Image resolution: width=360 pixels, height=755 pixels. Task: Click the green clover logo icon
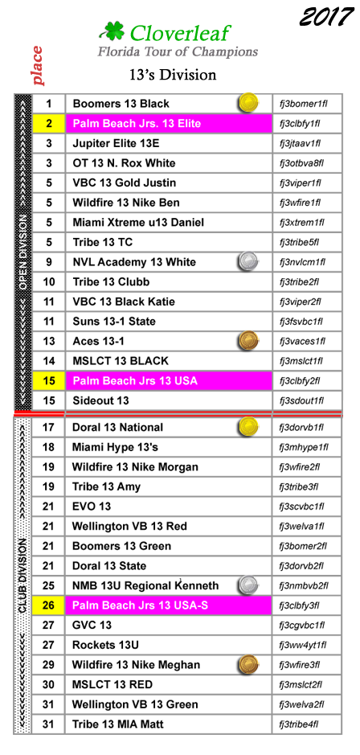tap(112, 32)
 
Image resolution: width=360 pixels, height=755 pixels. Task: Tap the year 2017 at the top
tap(326, 17)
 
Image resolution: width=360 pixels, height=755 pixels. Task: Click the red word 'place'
tap(37, 65)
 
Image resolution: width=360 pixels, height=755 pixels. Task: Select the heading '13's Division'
tap(173, 75)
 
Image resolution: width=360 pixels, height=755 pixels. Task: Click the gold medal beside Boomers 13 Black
tap(248, 103)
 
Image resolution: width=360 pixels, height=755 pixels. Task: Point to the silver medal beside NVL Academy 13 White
tap(248, 261)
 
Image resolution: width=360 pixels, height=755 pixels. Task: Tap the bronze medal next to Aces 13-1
tap(248, 340)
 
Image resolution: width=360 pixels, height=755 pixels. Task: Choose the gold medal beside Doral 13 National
tap(248, 426)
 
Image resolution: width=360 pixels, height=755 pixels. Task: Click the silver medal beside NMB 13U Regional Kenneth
tap(248, 585)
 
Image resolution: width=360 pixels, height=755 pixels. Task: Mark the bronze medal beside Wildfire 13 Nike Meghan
tap(248, 664)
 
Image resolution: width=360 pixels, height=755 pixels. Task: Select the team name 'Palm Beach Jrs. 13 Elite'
tap(137, 124)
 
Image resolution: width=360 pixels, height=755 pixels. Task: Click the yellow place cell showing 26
tap(48, 605)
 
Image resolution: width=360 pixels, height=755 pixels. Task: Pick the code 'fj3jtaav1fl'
tap(300, 143)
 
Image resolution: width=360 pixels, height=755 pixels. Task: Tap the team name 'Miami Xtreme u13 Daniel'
tap(138, 223)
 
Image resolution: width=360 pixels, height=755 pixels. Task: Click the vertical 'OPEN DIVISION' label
tap(22, 252)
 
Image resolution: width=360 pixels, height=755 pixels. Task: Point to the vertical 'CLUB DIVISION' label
tap(22, 576)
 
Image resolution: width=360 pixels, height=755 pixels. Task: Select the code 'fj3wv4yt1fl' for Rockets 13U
tap(303, 645)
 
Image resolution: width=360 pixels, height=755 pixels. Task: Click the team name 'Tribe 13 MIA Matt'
tap(118, 724)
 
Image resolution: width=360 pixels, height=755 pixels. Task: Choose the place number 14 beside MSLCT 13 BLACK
tap(49, 361)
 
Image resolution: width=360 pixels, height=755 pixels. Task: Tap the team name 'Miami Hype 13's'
tap(115, 447)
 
